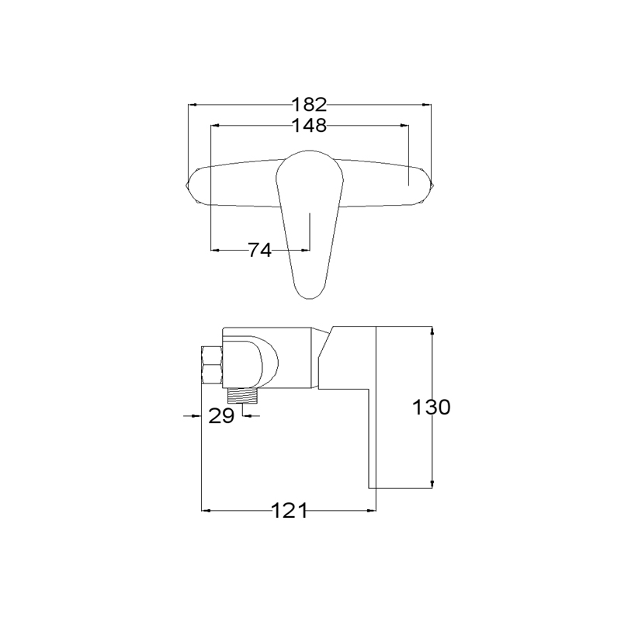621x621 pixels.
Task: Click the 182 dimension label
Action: click(309, 105)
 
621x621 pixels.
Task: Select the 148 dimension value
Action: click(309, 126)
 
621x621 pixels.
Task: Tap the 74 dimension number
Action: click(260, 250)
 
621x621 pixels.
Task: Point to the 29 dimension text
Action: click(221, 416)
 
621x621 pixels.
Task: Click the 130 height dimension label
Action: click(432, 407)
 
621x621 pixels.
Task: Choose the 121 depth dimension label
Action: click(289, 511)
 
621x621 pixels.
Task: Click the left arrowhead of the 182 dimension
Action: click(193, 105)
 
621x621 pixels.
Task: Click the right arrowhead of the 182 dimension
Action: click(426, 105)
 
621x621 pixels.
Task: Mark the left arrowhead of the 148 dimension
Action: click(215, 126)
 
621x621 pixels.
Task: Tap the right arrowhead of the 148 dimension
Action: click(404, 126)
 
